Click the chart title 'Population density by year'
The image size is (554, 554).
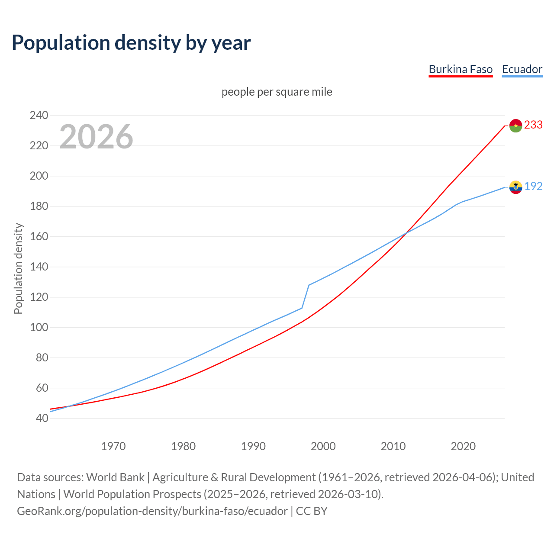[x=131, y=43]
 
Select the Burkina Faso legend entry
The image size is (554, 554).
[x=461, y=69]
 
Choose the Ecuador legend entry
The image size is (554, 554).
[x=522, y=69]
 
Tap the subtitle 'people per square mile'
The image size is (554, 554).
[x=277, y=92]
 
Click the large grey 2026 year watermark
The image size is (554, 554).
[x=96, y=137]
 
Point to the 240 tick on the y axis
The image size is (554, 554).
[x=39, y=116]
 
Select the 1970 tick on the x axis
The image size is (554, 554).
[x=113, y=446]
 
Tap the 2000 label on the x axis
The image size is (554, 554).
[x=323, y=446]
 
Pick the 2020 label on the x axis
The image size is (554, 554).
[x=463, y=446]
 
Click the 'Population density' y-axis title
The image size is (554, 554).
[x=18, y=268]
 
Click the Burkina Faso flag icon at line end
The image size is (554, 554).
[x=515, y=126]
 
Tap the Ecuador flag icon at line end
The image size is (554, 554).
[x=515, y=187]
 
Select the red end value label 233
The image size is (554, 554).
[x=533, y=125]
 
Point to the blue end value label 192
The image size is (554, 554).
[x=533, y=187]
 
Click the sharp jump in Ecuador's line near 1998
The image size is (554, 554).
[x=306, y=296]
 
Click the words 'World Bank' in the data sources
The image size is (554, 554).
[x=115, y=477]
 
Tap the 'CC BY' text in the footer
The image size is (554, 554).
[x=312, y=511]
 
